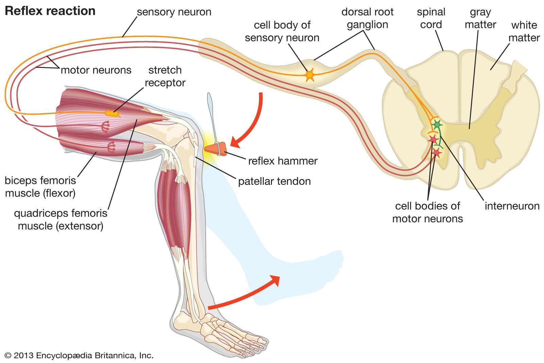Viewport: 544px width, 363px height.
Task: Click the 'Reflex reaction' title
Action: coord(50,11)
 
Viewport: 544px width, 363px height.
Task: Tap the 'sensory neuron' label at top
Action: coord(174,12)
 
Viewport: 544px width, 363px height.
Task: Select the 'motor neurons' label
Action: coord(96,70)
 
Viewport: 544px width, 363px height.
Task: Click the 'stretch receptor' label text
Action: coord(165,76)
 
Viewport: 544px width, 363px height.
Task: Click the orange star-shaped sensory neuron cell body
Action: coord(309,75)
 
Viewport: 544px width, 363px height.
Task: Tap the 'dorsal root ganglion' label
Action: coord(367,18)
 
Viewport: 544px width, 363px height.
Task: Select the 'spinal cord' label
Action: coord(431,18)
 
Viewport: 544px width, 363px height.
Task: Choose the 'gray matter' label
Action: coord(480,18)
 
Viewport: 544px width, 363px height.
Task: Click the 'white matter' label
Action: coord(524,31)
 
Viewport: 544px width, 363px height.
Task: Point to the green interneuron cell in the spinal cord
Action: coord(437,125)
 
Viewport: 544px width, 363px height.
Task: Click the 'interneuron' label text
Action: coord(512,206)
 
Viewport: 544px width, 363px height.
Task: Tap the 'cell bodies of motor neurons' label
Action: coord(427,212)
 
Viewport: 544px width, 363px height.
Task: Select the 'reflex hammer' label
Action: coord(283,160)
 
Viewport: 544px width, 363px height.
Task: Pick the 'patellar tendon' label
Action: coord(274,181)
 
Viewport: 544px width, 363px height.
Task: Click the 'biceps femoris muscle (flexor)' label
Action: coord(40,187)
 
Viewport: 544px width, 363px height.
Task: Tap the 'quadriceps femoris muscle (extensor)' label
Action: coord(61,220)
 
